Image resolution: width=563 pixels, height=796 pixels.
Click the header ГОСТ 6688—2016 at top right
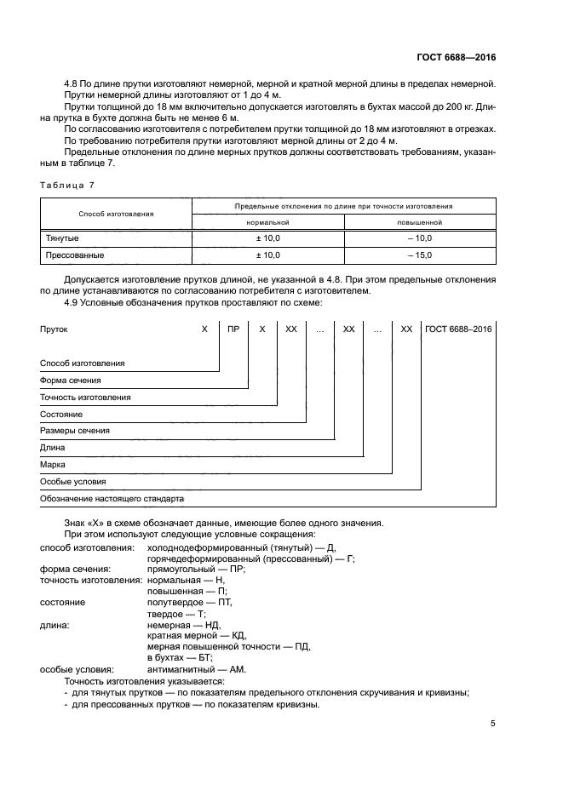click(x=457, y=57)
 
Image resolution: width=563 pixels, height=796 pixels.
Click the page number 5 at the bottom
click(x=493, y=724)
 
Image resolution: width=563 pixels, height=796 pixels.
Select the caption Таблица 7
click(x=67, y=185)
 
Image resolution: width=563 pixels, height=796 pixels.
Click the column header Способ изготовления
click(x=116, y=214)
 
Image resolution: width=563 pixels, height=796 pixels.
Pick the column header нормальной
click(x=267, y=221)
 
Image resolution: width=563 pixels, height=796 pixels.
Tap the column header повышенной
click(x=419, y=221)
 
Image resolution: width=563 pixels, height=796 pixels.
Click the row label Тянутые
click(x=61, y=238)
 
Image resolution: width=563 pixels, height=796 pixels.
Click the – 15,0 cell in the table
click(x=419, y=255)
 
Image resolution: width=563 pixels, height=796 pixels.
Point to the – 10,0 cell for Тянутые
click(x=419, y=238)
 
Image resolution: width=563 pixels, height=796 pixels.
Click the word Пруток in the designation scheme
click(x=54, y=328)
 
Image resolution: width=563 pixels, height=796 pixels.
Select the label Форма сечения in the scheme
click(x=71, y=380)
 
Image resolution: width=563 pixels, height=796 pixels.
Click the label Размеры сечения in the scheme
click(x=75, y=431)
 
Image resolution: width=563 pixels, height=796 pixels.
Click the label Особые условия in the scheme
click(x=74, y=482)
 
